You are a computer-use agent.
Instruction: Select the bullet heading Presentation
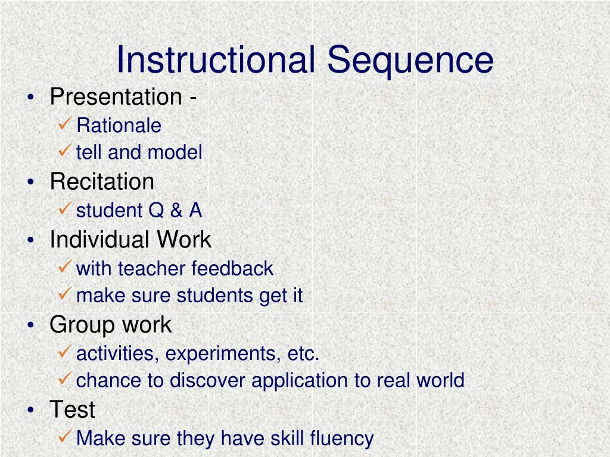tap(116, 96)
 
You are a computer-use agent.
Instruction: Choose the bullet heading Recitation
tap(102, 181)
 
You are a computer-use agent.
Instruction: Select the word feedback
tap(232, 268)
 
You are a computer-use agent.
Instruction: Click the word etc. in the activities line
tap(304, 354)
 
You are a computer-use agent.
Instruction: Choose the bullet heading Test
tap(72, 409)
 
